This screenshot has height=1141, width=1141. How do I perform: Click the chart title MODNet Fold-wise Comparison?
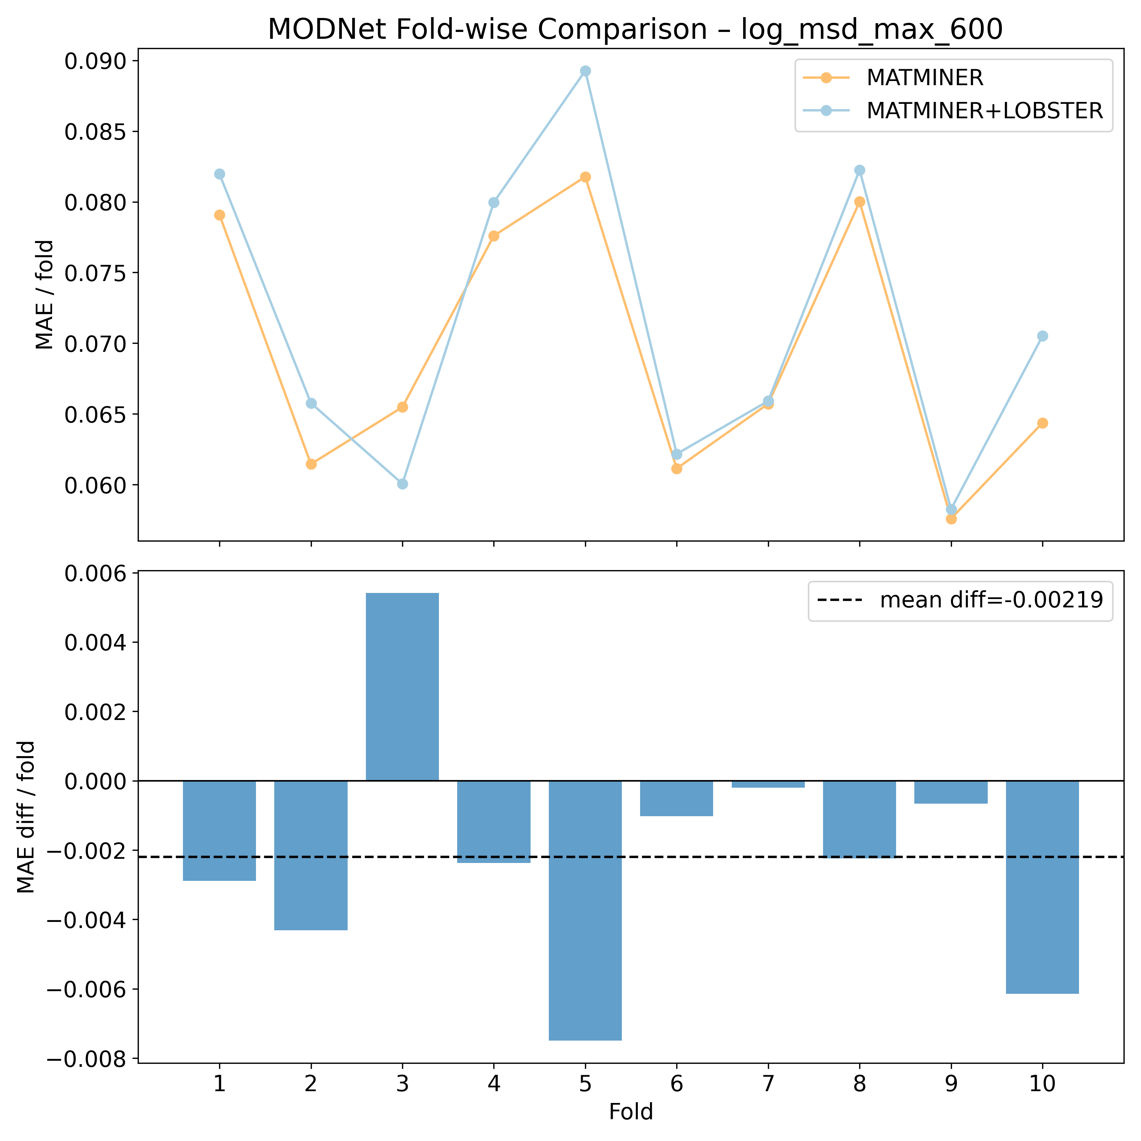635,30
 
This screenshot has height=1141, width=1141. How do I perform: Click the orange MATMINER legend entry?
924,77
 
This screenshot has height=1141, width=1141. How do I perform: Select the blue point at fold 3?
402,484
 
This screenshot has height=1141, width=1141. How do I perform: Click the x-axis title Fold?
631,1112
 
